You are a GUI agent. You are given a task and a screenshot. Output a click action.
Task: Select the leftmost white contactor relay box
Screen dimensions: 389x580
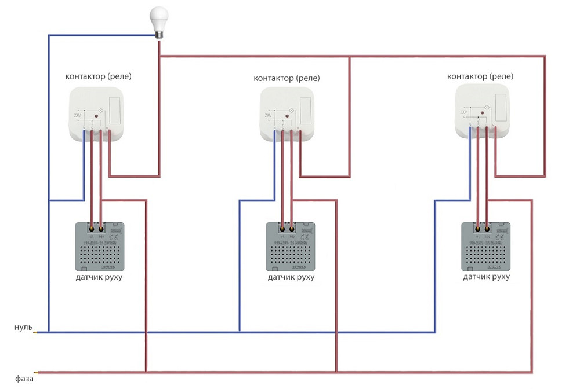[x=97, y=113]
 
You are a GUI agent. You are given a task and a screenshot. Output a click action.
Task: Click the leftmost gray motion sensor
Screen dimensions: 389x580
[x=99, y=246]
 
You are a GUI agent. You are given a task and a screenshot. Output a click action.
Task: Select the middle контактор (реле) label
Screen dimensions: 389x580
[x=287, y=78]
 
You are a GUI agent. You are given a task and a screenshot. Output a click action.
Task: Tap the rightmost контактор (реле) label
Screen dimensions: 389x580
[x=480, y=76]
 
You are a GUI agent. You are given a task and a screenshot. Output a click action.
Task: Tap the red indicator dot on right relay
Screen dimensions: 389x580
[x=478, y=113]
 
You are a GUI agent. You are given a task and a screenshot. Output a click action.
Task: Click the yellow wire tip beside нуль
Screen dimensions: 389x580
[x=37, y=332]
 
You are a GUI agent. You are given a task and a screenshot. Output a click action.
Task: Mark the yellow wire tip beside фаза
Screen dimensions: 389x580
[x=38, y=372]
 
